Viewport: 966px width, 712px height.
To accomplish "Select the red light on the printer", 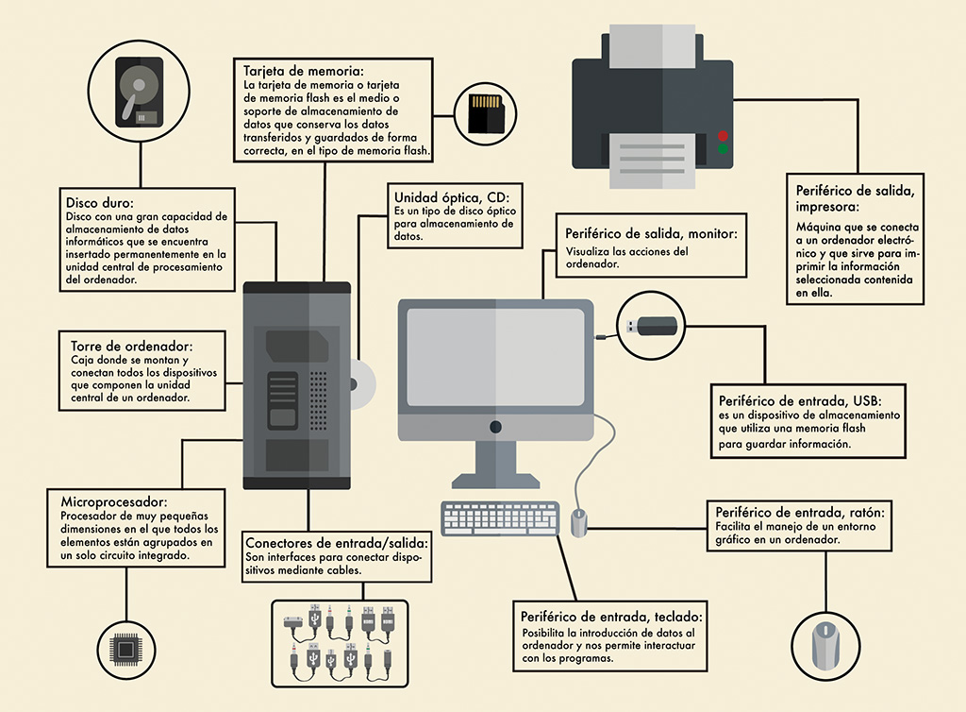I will pos(723,135).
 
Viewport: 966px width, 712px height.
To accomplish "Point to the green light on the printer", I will pos(723,149).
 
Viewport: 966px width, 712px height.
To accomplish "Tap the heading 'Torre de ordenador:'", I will pos(132,346).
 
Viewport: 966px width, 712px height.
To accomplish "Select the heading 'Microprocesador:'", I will pos(113,501).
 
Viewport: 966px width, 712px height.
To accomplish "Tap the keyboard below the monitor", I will pos(501,518).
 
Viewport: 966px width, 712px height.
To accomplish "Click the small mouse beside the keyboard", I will pos(579,520).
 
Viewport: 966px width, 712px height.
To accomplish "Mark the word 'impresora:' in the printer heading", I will pos(826,206).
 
